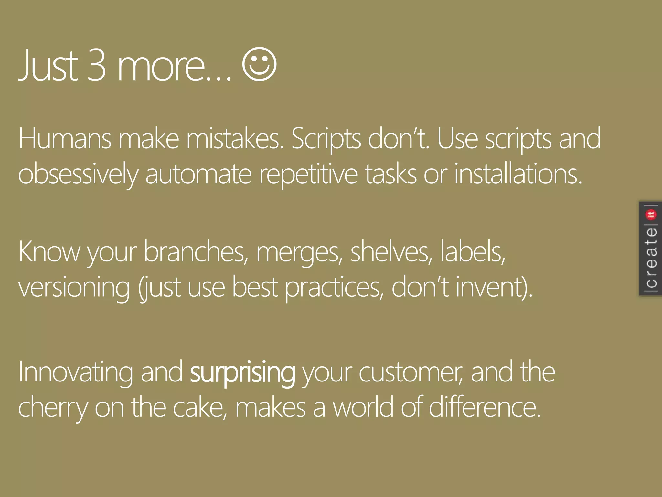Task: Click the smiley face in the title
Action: click(259, 64)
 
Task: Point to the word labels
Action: click(473, 252)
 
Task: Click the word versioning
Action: click(74, 288)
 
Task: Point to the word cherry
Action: click(53, 408)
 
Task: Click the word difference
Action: click(485, 408)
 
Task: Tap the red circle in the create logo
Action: click(651, 215)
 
